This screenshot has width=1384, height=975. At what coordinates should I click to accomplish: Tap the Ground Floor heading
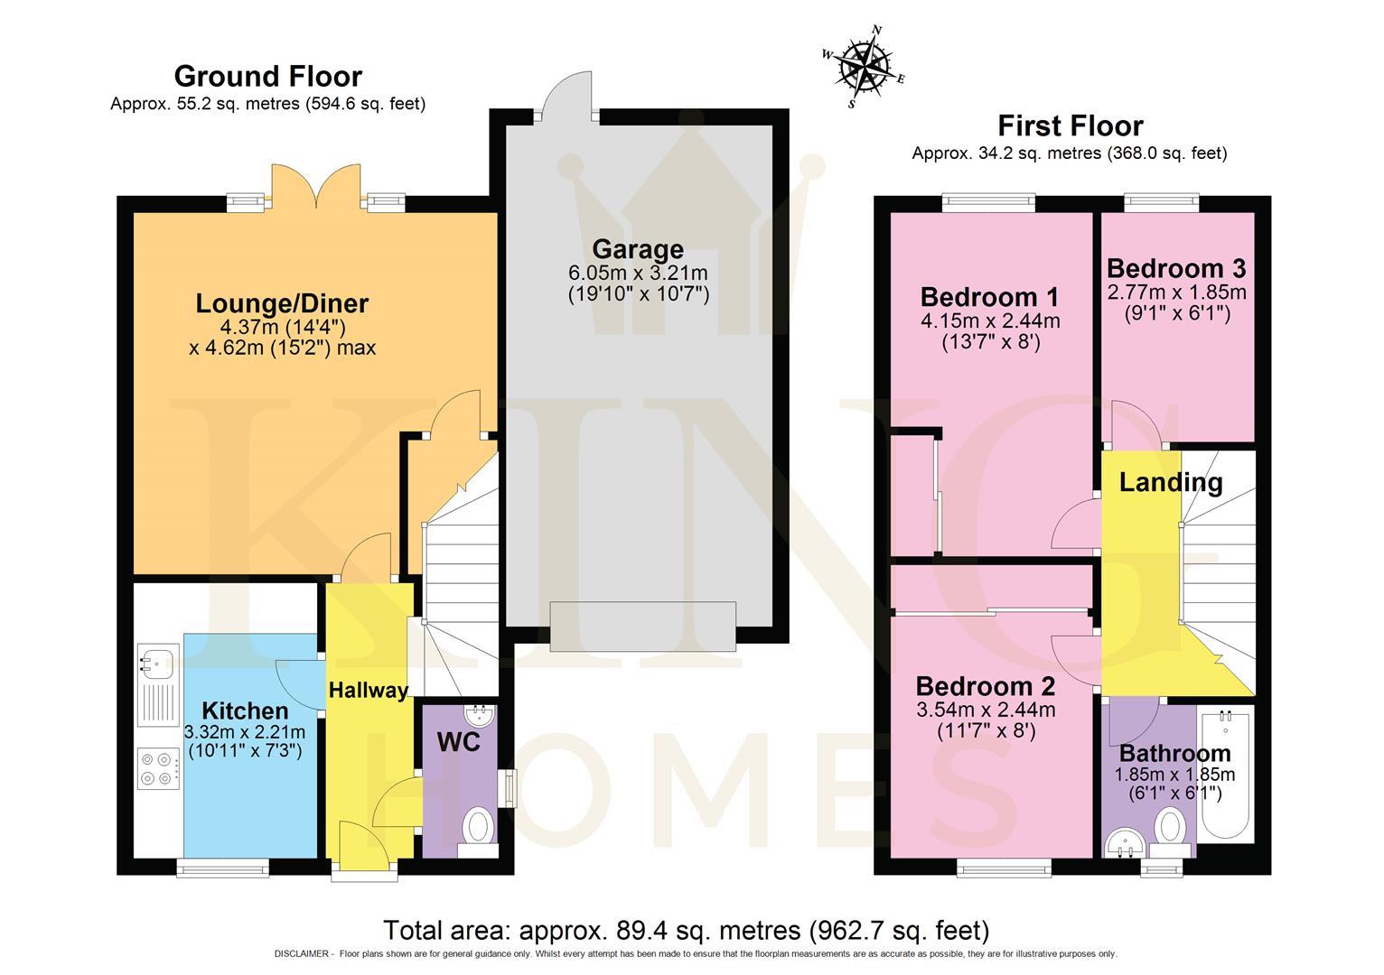tap(267, 77)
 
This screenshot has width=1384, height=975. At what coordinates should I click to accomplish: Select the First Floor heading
tap(1070, 125)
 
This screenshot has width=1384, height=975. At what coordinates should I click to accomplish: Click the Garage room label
tap(638, 249)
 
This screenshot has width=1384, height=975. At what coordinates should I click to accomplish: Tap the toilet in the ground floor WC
tap(477, 826)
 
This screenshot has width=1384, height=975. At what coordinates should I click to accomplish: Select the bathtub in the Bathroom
tap(1226, 772)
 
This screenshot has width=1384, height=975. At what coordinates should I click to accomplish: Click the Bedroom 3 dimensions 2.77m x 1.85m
tap(1176, 292)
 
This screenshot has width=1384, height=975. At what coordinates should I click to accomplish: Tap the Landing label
tap(1171, 482)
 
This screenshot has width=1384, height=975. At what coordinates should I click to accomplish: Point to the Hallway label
tap(368, 691)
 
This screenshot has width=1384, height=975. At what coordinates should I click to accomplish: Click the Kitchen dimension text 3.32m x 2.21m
tap(244, 732)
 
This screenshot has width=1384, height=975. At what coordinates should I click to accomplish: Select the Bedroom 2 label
tap(985, 686)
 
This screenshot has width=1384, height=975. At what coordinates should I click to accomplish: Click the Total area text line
tap(687, 930)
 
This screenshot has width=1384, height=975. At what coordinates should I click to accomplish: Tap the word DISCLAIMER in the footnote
tap(303, 954)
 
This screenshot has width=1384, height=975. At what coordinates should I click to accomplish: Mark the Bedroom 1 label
tap(989, 297)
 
